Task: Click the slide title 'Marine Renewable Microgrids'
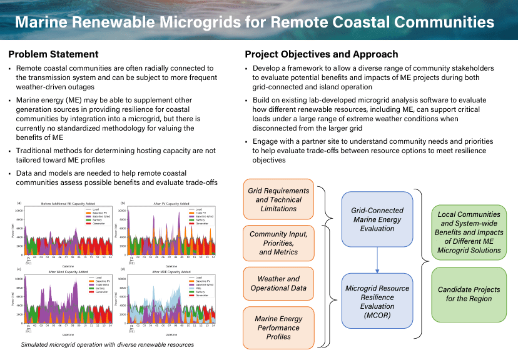[x=254, y=23]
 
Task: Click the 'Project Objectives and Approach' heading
[x=321, y=54]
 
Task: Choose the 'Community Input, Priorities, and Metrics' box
[x=278, y=243]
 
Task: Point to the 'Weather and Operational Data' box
[x=278, y=283]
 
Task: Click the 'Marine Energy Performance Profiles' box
[x=278, y=327]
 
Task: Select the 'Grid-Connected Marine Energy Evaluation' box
[x=377, y=219]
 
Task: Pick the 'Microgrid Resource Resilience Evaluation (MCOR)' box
[x=377, y=302]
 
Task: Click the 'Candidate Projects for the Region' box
[x=469, y=294]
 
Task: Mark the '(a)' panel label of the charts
[x=19, y=204]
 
